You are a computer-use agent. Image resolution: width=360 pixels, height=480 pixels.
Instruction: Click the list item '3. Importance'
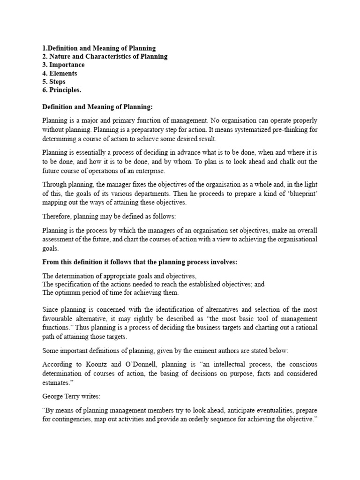(x=63, y=65)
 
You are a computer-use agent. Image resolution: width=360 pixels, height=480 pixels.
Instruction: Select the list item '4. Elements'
(x=60, y=74)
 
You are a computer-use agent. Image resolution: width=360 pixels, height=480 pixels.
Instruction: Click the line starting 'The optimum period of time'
(x=110, y=293)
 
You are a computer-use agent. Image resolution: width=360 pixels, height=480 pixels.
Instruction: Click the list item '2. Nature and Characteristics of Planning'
(x=105, y=57)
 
